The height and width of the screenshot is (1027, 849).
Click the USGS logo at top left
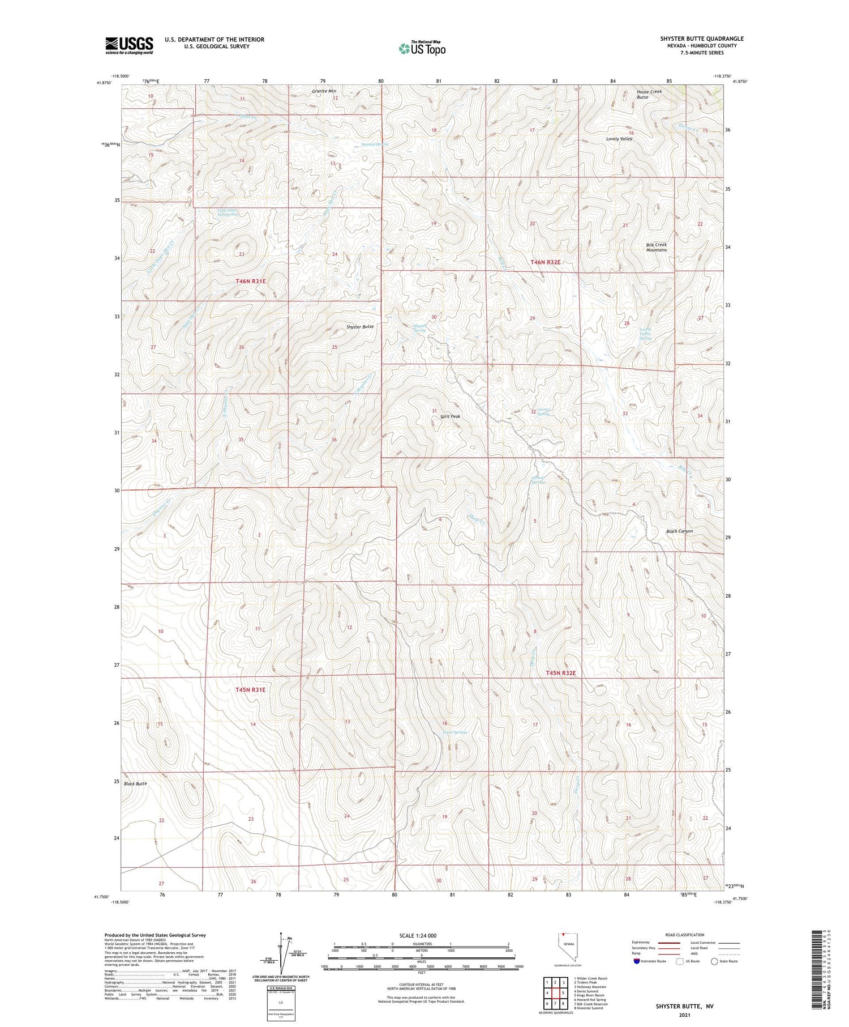click(x=129, y=45)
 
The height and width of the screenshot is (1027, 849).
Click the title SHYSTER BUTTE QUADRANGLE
click(x=702, y=39)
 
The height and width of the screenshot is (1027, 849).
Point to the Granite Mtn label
click(x=324, y=91)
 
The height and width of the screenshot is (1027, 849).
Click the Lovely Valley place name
click(x=619, y=139)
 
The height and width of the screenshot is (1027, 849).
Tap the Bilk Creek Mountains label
click(x=657, y=248)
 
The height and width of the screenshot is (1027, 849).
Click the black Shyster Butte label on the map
click(x=360, y=327)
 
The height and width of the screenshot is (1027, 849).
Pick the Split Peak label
click(x=450, y=416)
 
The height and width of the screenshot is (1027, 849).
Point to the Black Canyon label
click(x=679, y=531)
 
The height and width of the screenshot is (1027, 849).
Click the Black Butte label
click(x=135, y=783)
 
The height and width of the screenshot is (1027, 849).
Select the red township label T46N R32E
click(x=546, y=262)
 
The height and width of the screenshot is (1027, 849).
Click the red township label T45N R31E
click(x=250, y=690)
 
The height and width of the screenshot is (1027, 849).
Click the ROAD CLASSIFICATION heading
click(x=685, y=935)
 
